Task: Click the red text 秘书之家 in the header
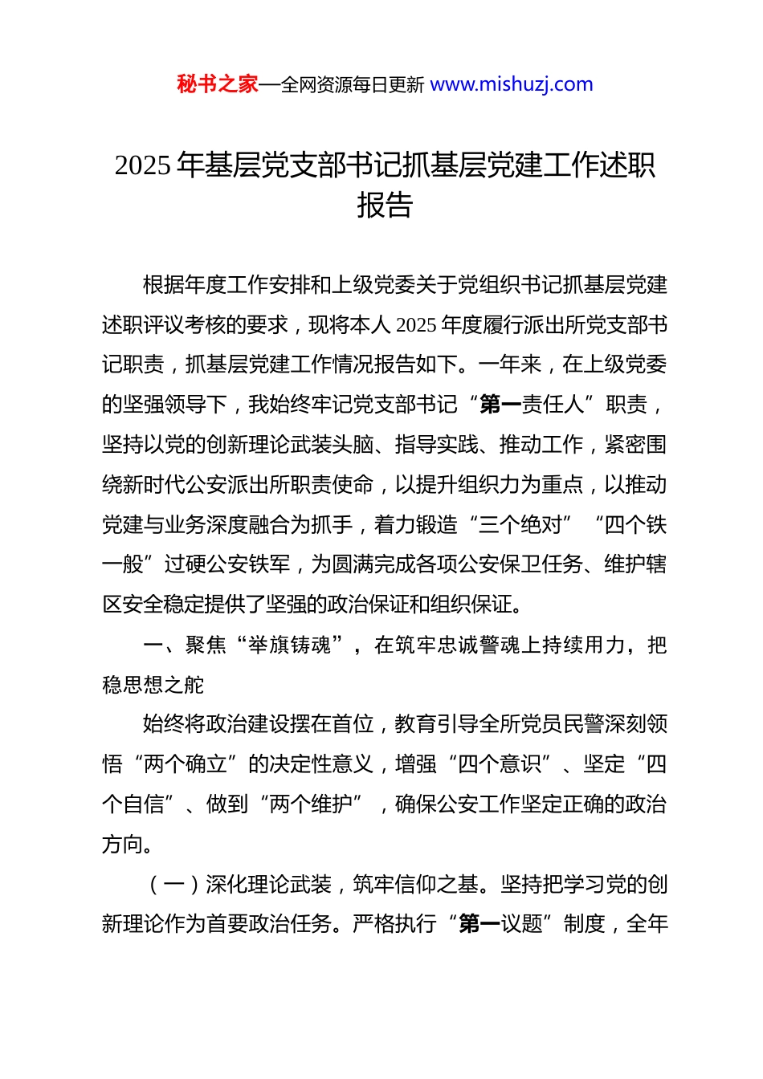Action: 218,84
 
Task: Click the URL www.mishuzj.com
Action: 512,84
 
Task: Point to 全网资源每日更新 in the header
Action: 353,85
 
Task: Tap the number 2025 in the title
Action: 143,165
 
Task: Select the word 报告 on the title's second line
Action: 385,206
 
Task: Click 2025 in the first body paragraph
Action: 417,325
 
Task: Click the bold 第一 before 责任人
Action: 500,405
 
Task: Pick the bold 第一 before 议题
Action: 479,924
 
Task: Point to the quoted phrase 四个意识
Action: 500,764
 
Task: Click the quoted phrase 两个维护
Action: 312,804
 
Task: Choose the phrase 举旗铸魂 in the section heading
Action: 290,645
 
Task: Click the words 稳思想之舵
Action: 153,685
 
